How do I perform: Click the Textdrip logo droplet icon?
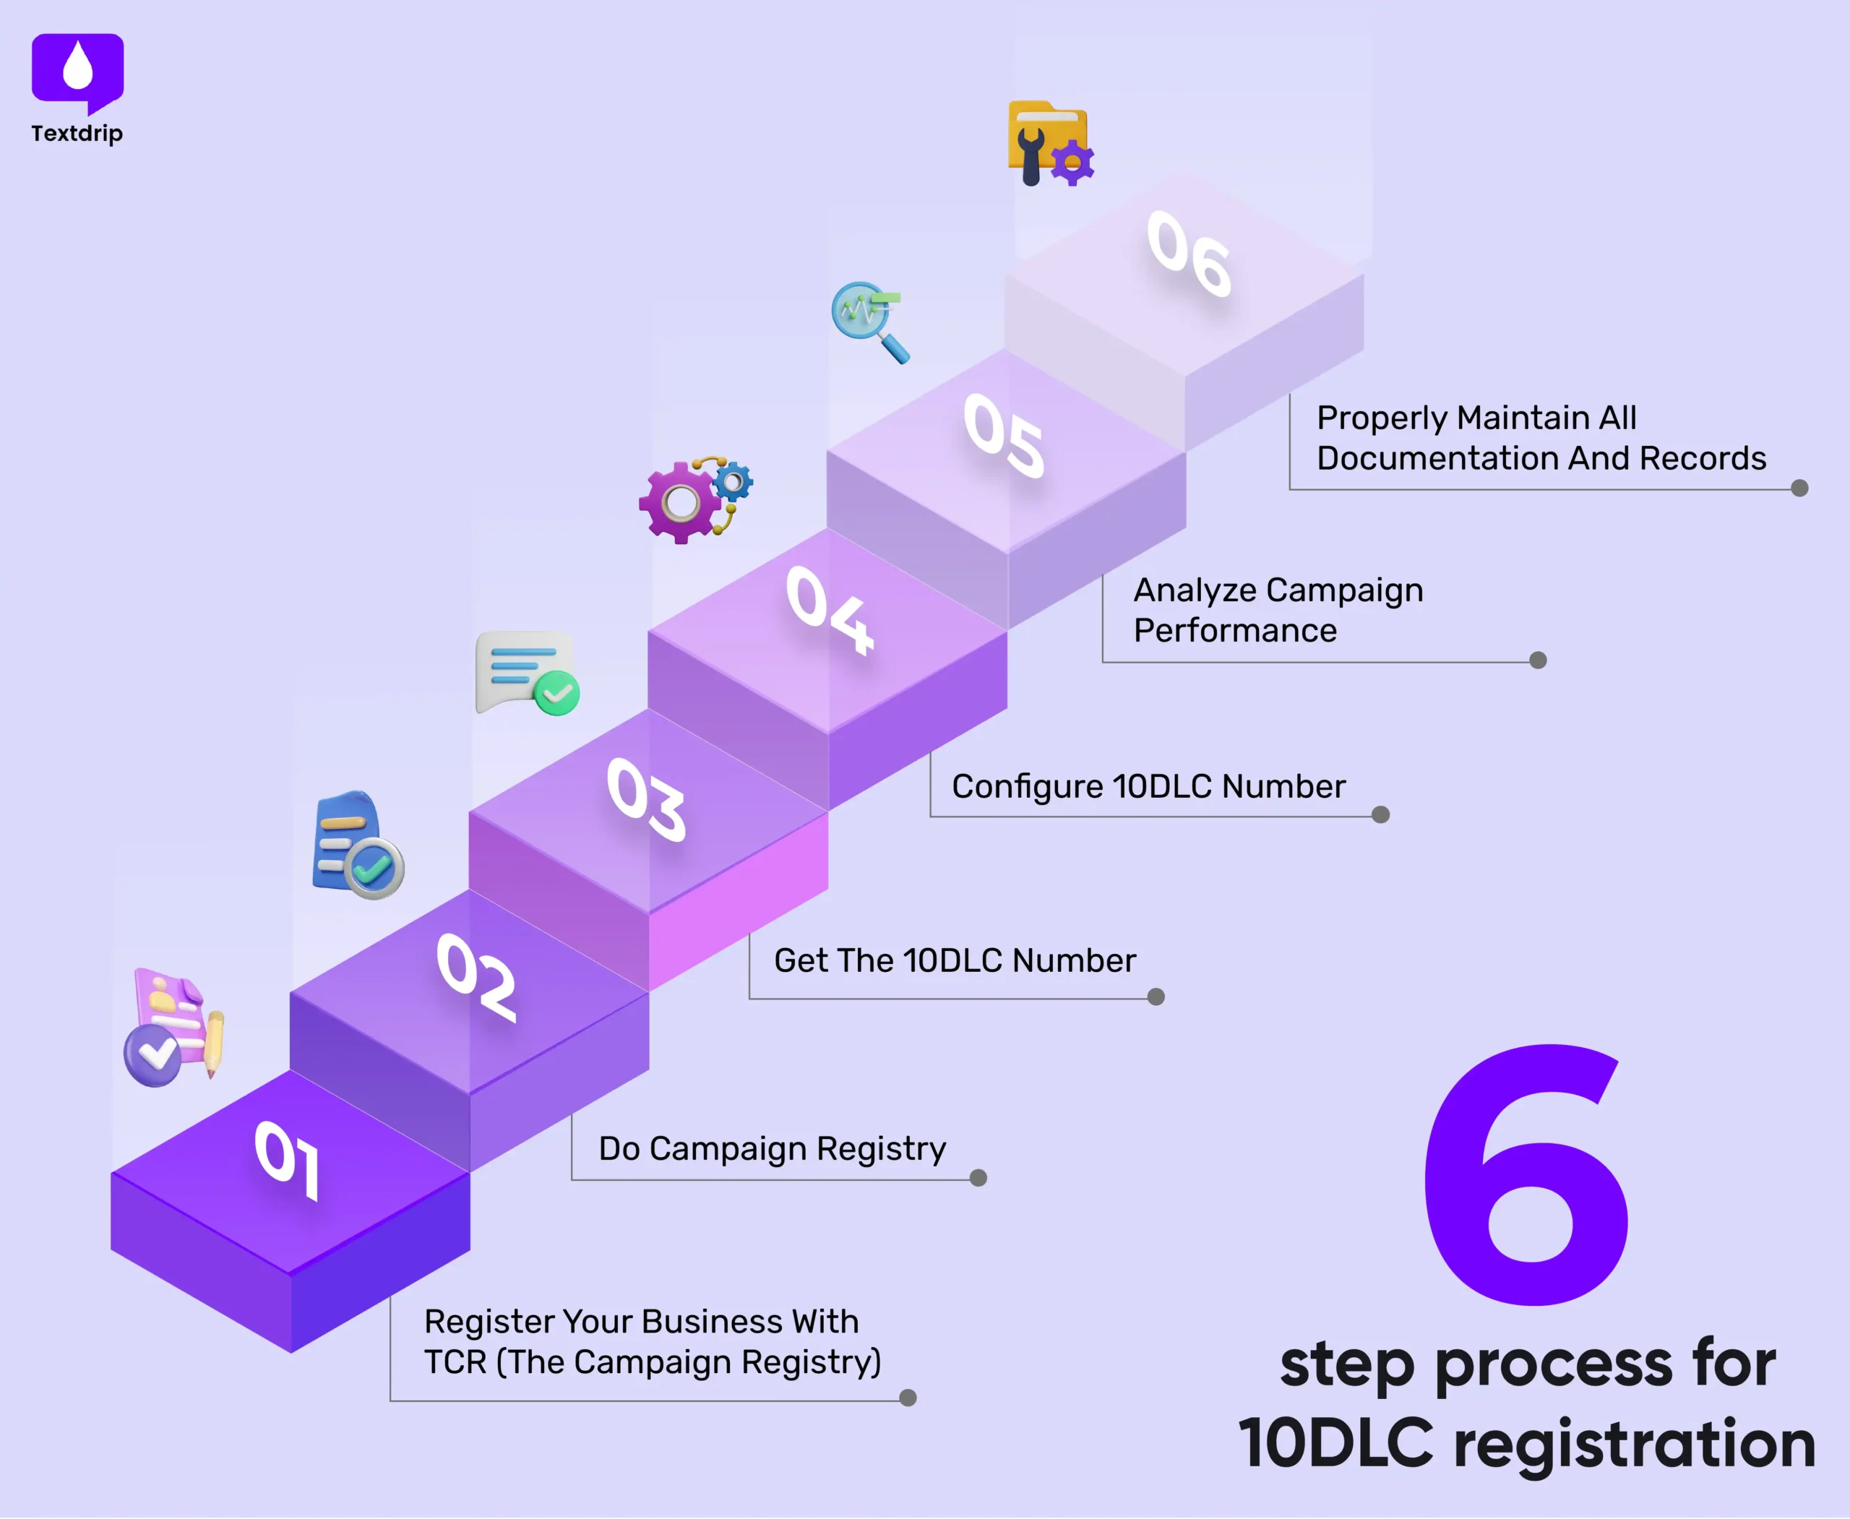(x=78, y=68)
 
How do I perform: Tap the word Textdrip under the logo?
(x=77, y=133)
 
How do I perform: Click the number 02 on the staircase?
(x=477, y=977)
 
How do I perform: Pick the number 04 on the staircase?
(x=830, y=610)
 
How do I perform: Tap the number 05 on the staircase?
(x=1004, y=435)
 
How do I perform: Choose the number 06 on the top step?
(x=1189, y=254)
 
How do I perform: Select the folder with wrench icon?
(x=1049, y=142)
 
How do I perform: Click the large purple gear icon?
(x=681, y=503)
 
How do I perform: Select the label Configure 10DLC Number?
(x=1148, y=787)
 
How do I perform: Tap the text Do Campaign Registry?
(x=772, y=1148)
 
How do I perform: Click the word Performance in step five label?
(x=1235, y=631)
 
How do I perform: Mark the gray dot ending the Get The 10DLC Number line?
(x=1156, y=997)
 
